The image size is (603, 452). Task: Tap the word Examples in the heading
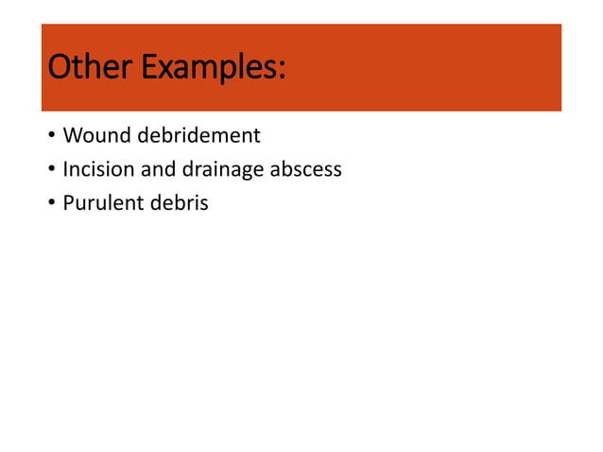208,67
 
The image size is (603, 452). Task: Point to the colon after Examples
282,70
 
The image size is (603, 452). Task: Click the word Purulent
97,203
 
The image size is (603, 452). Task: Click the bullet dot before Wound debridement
51,138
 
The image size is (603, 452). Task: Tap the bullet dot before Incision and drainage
51,172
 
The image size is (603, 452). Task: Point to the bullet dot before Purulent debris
51,205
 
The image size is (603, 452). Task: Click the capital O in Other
59,67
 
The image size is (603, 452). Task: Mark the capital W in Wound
72,136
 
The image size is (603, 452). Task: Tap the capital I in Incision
65,170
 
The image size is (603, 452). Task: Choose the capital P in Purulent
68,203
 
